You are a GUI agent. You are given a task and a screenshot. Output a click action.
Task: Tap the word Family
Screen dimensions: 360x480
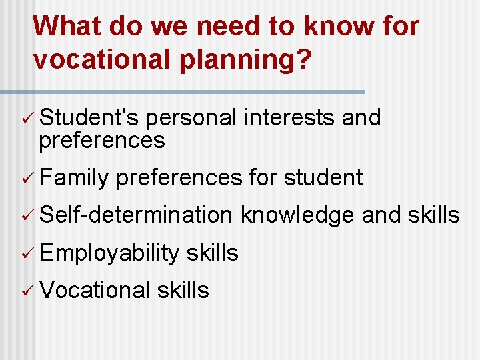(x=74, y=178)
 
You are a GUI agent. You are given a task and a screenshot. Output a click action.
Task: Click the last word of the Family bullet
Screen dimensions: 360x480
(x=323, y=178)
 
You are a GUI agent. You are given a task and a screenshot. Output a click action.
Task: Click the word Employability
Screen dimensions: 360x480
(x=109, y=253)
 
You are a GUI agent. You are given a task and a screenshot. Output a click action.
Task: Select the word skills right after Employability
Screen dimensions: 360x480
(x=213, y=253)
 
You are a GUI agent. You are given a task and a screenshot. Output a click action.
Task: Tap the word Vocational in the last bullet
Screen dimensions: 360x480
(x=95, y=290)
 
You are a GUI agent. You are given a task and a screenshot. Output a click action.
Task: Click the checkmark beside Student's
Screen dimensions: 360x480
(x=26, y=119)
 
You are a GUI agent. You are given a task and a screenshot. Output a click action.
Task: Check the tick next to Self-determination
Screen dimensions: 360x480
(x=26, y=215)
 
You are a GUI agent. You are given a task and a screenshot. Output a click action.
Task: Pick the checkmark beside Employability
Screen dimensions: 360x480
(x=26, y=253)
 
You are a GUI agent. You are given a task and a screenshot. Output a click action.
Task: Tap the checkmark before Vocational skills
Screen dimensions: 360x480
(x=26, y=291)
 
